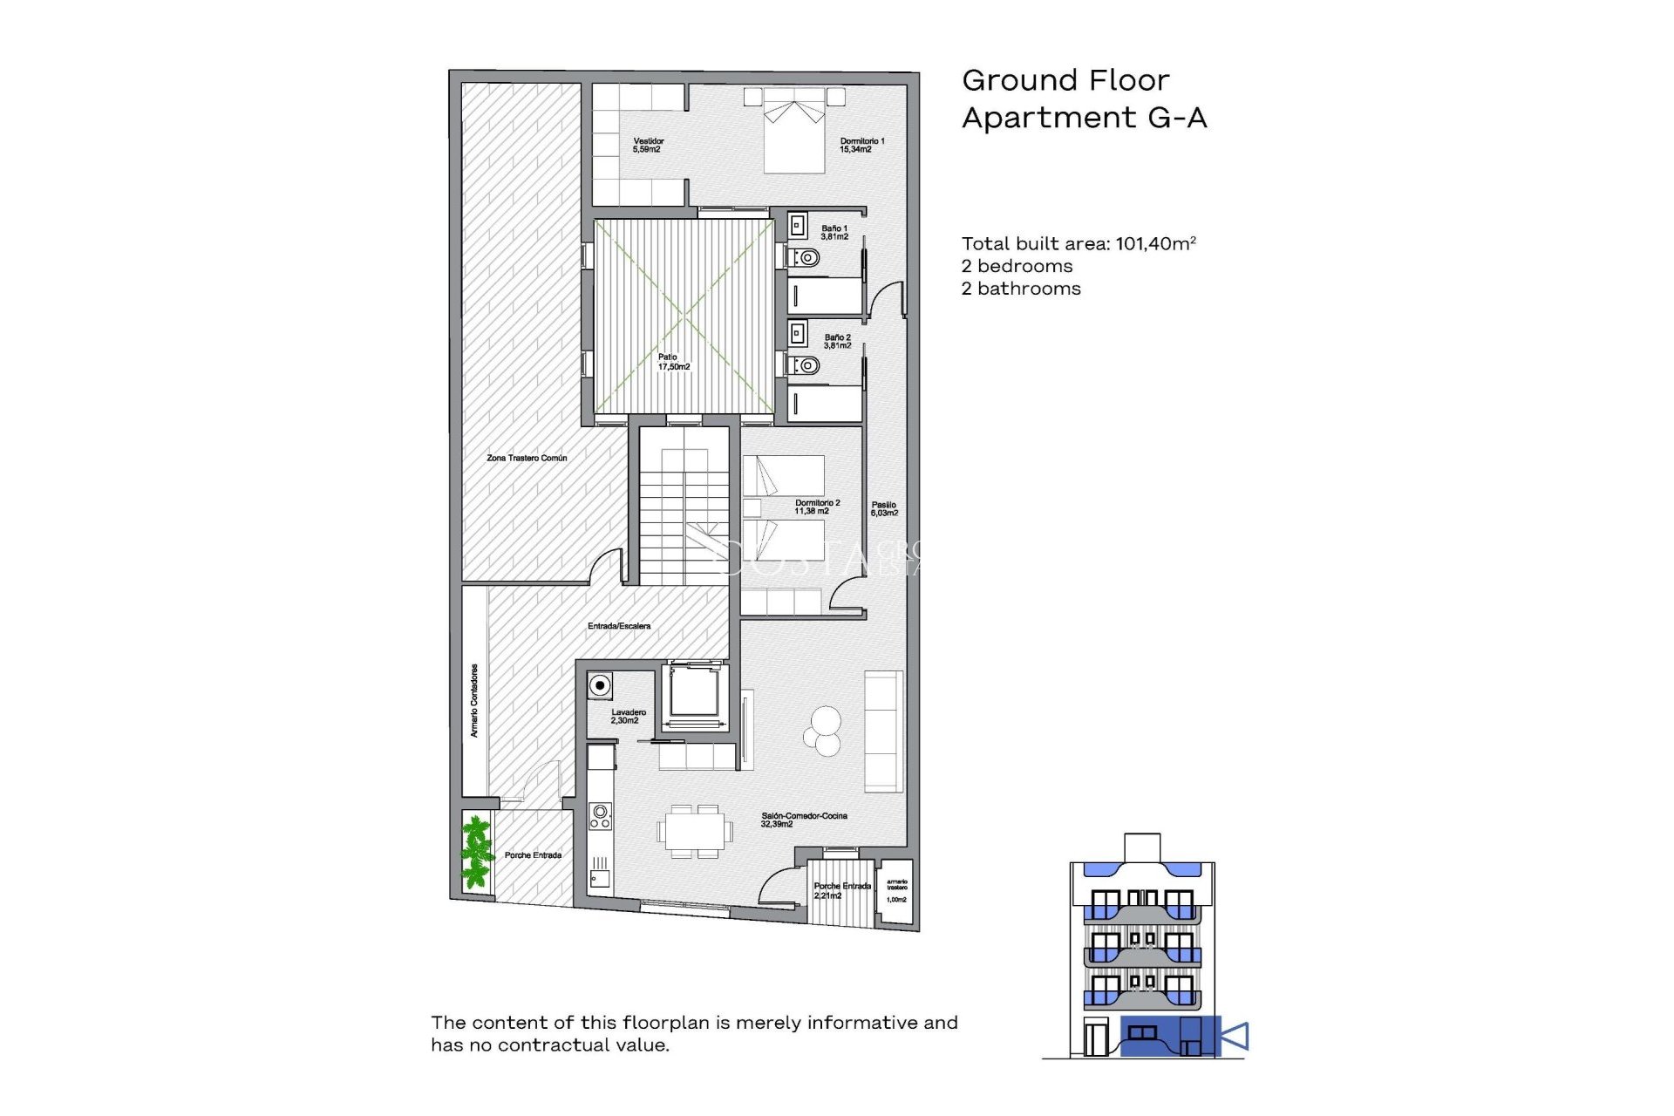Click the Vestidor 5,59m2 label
pos(648,145)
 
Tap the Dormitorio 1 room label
pos(861,145)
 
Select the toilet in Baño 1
pos(806,258)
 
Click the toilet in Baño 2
pos(806,365)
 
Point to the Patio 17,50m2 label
pos(673,362)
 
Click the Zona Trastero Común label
pos(527,458)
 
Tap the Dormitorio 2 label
pos(816,507)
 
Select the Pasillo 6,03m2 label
pos(883,508)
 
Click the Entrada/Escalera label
pos(618,626)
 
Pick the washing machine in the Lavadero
pos(600,686)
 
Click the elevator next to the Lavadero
pos(693,693)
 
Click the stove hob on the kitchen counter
pos(600,816)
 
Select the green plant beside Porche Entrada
pos(476,851)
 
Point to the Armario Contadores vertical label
pos(474,700)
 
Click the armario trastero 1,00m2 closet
pos(896,891)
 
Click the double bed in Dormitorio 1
pos(793,135)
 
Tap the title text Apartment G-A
pos(1084,118)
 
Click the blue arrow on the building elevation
pos(1235,1037)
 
